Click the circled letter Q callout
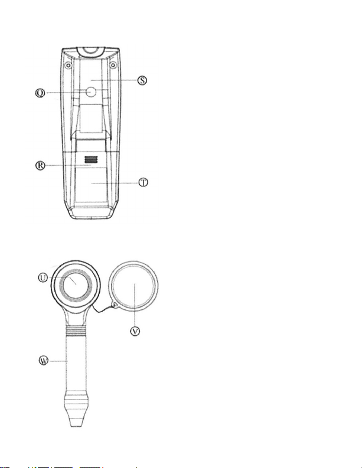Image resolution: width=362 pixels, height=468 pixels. click(x=40, y=93)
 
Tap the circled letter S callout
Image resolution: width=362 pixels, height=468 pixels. click(x=142, y=80)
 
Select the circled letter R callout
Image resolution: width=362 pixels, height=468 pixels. click(x=40, y=165)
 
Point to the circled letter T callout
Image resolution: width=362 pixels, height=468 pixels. click(x=144, y=182)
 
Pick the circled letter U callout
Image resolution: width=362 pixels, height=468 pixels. click(x=43, y=278)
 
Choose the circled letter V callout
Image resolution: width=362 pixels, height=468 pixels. click(x=135, y=331)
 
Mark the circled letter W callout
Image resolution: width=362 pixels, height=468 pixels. click(x=44, y=361)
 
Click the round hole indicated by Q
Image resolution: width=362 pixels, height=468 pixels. click(x=90, y=92)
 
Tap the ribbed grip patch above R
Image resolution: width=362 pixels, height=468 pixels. click(x=91, y=159)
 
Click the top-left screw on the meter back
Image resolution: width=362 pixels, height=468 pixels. click(x=69, y=66)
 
